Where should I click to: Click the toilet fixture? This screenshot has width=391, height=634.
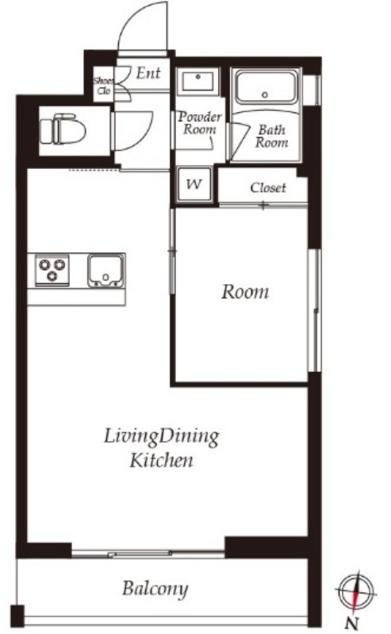pyautogui.click(x=63, y=129)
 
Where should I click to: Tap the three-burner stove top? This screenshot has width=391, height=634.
pyautogui.click(x=52, y=270)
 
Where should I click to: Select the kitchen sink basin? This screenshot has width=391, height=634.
pyautogui.click(x=105, y=271)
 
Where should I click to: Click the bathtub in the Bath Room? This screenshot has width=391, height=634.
pyautogui.click(x=265, y=89)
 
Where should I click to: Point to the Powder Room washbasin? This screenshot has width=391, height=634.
pyautogui.click(x=198, y=81)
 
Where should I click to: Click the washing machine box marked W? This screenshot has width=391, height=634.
pyautogui.click(x=194, y=184)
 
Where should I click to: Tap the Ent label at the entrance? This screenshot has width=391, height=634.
pyautogui.click(x=148, y=73)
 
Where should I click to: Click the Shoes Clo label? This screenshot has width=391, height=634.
pyautogui.click(x=104, y=86)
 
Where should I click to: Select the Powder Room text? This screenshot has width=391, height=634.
pyautogui.click(x=200, y=123)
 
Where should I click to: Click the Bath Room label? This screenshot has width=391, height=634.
pyautogui.click(x=272, y=136)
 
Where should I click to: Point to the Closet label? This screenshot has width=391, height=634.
pyautogui.click(x=268, y=187)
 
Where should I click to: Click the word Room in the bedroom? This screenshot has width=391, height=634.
pyautogui.click(x=244, y=291)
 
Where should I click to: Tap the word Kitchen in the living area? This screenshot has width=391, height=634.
pyautogui.click(x=161, y=460)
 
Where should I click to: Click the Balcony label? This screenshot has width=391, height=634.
pyautogui.click(x=155, y=589)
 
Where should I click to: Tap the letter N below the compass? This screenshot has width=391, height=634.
pyautogui.click(x=353, y=623)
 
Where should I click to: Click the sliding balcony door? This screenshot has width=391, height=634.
pyautogui.click(x=148, y=553)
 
